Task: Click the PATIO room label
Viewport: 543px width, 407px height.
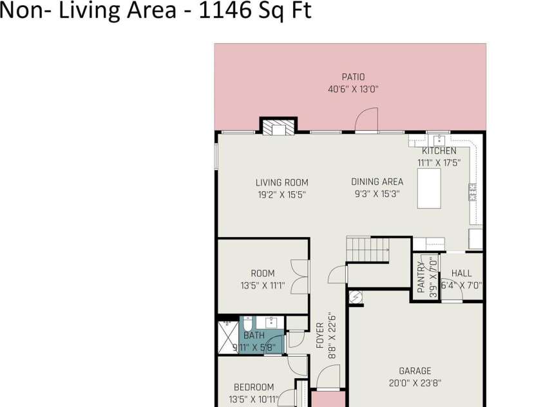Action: [x=353, y=77]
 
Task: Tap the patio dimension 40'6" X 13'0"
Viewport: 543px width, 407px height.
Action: [x=353, y=90]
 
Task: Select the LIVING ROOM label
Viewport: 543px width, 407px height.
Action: [x=282, y=182]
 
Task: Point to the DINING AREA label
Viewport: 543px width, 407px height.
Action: [x=377, y=182]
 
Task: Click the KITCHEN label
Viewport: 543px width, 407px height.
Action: [x=439, y=151]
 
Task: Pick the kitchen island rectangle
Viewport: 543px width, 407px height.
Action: [x=429, y=188]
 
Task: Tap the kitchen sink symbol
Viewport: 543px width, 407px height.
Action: [x=439, y=140]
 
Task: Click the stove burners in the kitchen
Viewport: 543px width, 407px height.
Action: [x=472, y=192]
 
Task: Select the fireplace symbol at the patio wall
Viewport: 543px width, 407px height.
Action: [x=278, y=128]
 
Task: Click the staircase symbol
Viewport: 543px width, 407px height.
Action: [x=367, y=249]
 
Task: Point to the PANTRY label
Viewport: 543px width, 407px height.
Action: [x=421, y=277]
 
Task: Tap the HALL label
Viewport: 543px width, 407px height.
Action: [x=461, y=273]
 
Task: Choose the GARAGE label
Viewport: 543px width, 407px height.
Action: [x=415, y=371]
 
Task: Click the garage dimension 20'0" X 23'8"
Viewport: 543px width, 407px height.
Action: [x=415, y=383]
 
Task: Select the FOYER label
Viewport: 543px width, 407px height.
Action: [x=320, y=336]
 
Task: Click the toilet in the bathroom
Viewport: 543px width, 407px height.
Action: [x=247, y=324]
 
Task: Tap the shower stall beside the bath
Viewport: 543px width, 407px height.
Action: [x=229, y=337]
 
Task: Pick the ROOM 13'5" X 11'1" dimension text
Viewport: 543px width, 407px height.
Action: [x=263, y=285]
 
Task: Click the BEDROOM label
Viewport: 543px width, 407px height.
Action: [x=254, y=387]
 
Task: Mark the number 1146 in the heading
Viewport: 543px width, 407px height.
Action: [x=224, y=10]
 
